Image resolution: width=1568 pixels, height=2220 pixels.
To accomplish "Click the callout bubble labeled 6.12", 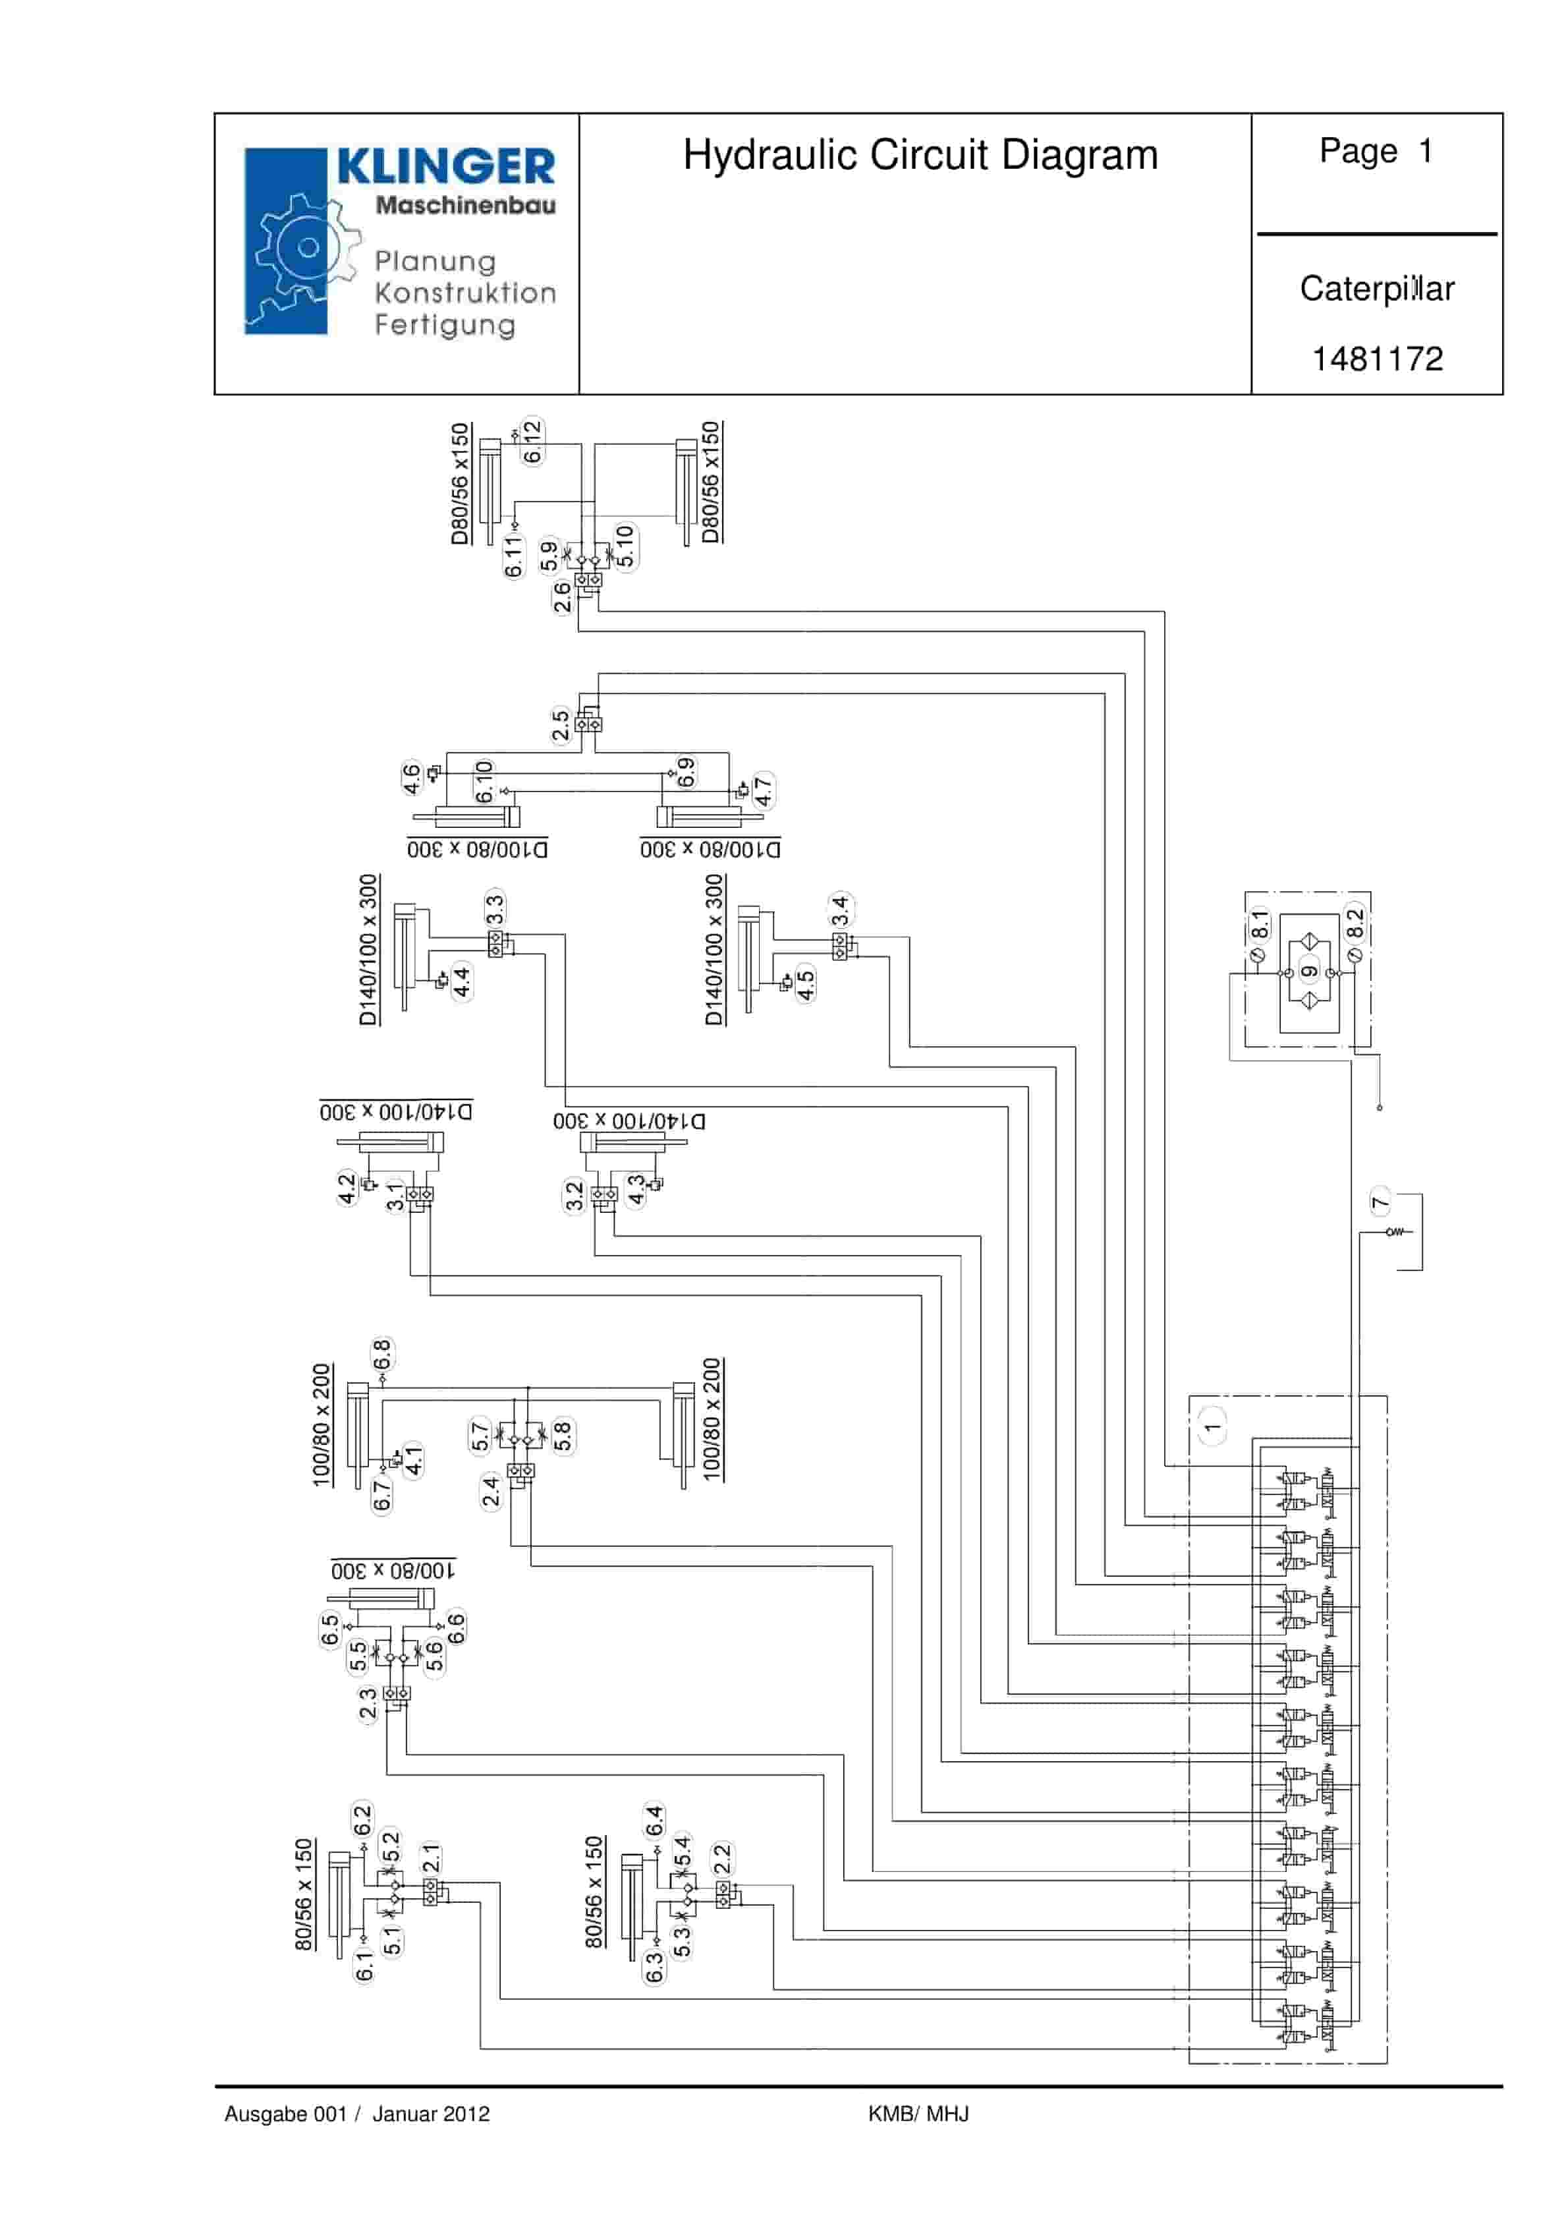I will tap(532, 442).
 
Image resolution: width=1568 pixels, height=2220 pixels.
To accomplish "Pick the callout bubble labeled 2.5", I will tap(561, 725).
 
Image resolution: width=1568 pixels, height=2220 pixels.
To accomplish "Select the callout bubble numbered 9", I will tap(1309, 972).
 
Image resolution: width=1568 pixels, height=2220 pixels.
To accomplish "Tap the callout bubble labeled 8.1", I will tap(1258, 924).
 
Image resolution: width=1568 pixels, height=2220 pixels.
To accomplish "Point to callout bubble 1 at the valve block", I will tap(1212, 1427).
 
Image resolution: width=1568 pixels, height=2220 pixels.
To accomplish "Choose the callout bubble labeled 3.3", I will tap(495, 909).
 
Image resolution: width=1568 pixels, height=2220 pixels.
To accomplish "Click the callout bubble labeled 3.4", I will tap(840, 910).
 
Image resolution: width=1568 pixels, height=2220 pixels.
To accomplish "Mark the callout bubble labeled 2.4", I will tap(491, 1491).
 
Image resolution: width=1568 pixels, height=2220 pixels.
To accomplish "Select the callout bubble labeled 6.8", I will tap(382, 1354).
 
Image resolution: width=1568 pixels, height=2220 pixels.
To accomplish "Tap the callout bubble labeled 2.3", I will tap(368, 1704).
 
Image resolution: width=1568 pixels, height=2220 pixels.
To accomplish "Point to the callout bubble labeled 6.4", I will tap(654, 1821).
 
